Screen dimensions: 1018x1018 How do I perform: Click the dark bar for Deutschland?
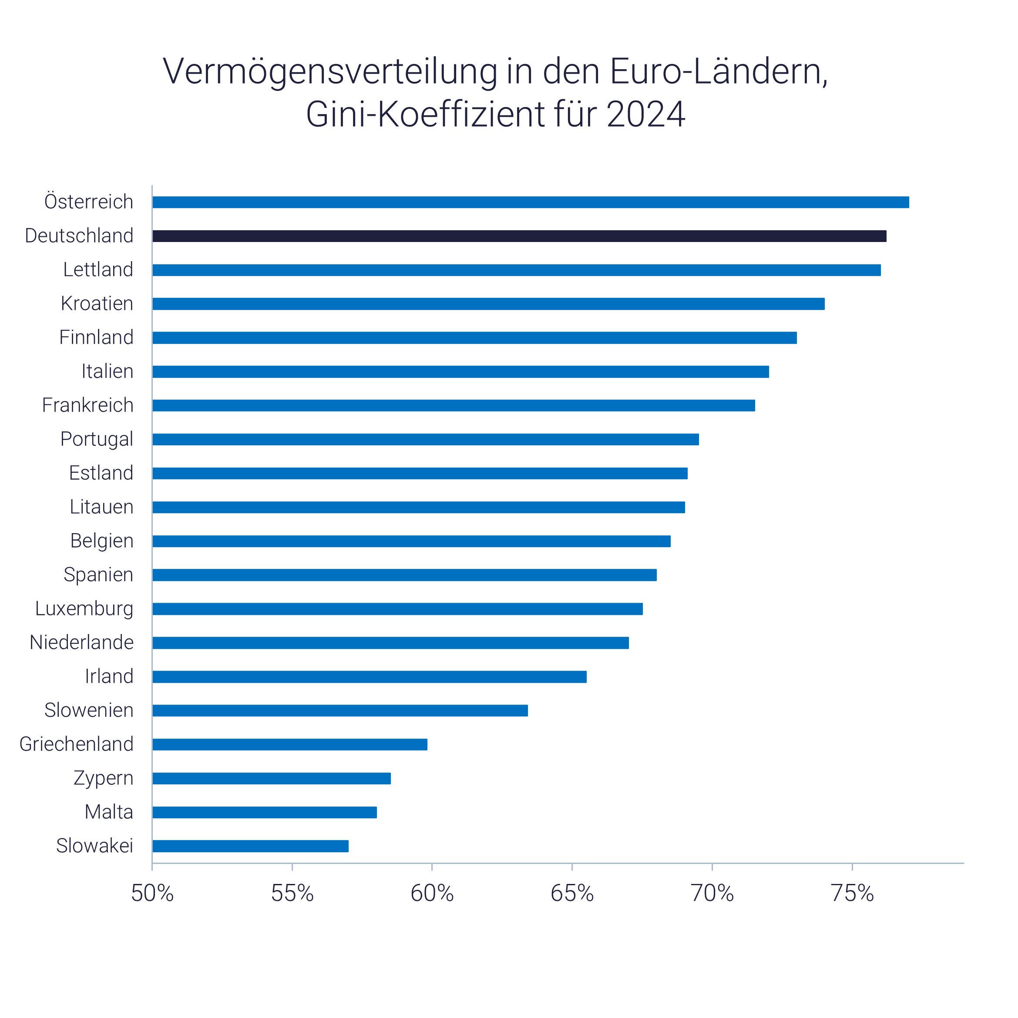click(519, 236)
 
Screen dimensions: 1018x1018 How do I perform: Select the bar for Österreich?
click(531, 202)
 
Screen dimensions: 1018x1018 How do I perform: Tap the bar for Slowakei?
click(250, 846)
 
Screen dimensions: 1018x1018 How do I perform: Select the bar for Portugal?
click(426, 440)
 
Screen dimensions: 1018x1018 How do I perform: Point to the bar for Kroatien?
click(488, 304)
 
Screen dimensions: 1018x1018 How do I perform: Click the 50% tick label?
click(152, 893)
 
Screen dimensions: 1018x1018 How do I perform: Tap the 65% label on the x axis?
click(572, 893)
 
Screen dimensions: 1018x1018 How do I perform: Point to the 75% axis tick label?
click(852, 893)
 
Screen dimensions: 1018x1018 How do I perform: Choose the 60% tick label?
click(432, 893)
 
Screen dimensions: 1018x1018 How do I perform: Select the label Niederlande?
click(82, 642)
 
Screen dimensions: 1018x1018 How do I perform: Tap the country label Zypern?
click(103, 778)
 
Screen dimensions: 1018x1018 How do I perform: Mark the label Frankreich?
click(87, 405)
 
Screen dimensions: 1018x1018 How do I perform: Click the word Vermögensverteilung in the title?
click(330, 72)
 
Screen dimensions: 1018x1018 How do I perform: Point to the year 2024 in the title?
click(645, 114)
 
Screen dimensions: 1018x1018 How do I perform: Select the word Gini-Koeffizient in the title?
click(425, 114)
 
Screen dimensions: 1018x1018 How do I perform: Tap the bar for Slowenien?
click(340, 711)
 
